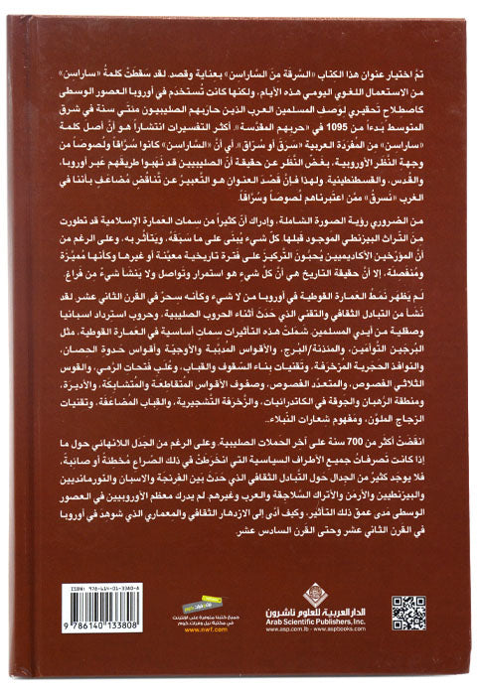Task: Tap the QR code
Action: coord(407,613)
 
